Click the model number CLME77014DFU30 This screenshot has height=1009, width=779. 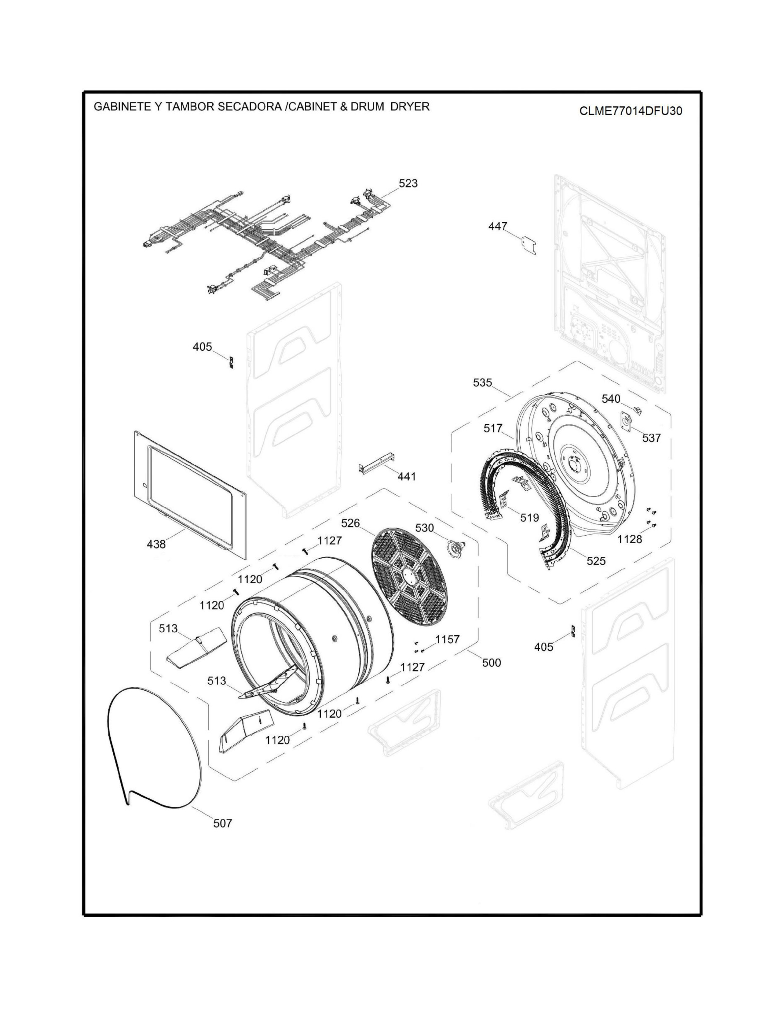click(631, 111)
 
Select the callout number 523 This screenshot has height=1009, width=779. click(408, 183)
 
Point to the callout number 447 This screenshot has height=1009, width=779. click(498, 226)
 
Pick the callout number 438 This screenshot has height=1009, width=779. click(156, 544)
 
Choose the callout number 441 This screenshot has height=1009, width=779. click(407, 476)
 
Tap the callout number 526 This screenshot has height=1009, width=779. click(350, 523)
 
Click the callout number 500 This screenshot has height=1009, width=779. click(492, 663)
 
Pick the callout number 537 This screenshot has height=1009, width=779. click(651, 438)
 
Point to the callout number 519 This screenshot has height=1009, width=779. click(529, 518)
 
